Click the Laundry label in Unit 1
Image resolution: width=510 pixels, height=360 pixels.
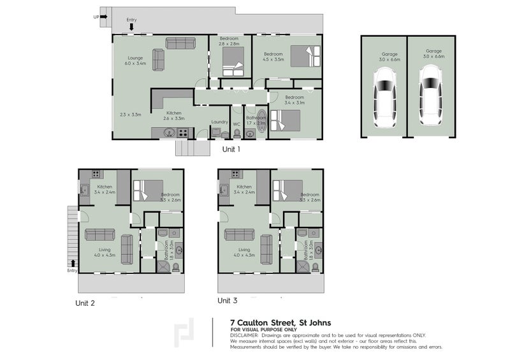[x=219, y=122]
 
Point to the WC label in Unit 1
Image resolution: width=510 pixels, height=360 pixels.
[x=236, y=123]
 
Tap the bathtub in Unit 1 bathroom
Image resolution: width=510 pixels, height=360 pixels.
[x=249, y=133]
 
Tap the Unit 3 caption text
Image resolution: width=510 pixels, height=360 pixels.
[x=228, y=300]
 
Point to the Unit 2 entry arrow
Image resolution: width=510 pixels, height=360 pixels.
[x=73, y=263]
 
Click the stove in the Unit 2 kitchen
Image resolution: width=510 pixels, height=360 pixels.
[x=96, y=173]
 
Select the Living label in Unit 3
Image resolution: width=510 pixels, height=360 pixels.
[x=244, y=250]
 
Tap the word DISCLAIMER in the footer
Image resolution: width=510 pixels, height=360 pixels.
[x=244, y=335]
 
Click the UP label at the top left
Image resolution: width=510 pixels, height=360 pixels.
[x=96, y=17]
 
